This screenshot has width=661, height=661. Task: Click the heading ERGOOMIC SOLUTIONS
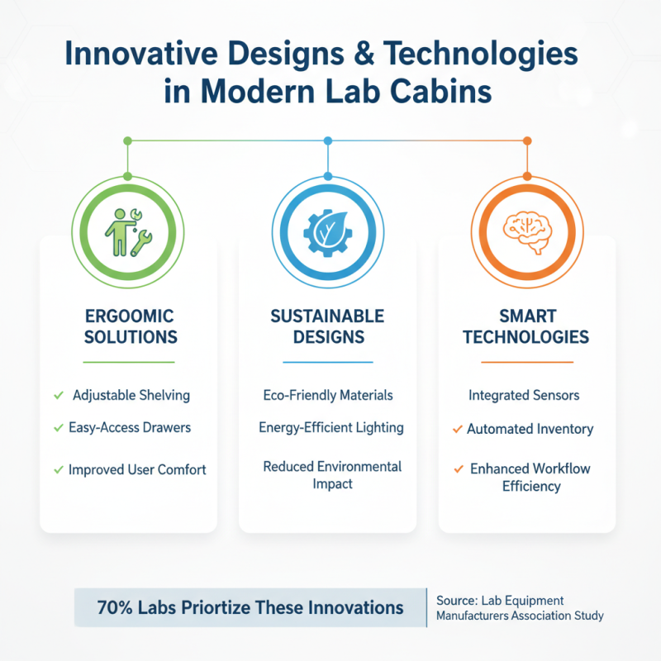tap(129, 326)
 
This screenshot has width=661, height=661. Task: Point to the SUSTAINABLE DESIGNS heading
tap(327, 326)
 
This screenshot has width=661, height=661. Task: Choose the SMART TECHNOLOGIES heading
tap(525, 326)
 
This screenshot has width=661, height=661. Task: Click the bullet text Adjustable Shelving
tap(131, 395)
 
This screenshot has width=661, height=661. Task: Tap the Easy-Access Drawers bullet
tap(131, 427)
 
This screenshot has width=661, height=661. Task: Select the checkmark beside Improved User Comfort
tap(58, 469)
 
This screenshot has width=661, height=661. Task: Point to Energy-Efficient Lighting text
tap(330, 427)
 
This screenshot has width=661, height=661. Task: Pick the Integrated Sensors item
tap(524, 395)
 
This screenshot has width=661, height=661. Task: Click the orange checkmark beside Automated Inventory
tap(457, 429)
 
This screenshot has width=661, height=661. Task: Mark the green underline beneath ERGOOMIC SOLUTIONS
tap(129, 362)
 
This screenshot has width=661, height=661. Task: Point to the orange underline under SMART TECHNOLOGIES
tap(526, 362)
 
